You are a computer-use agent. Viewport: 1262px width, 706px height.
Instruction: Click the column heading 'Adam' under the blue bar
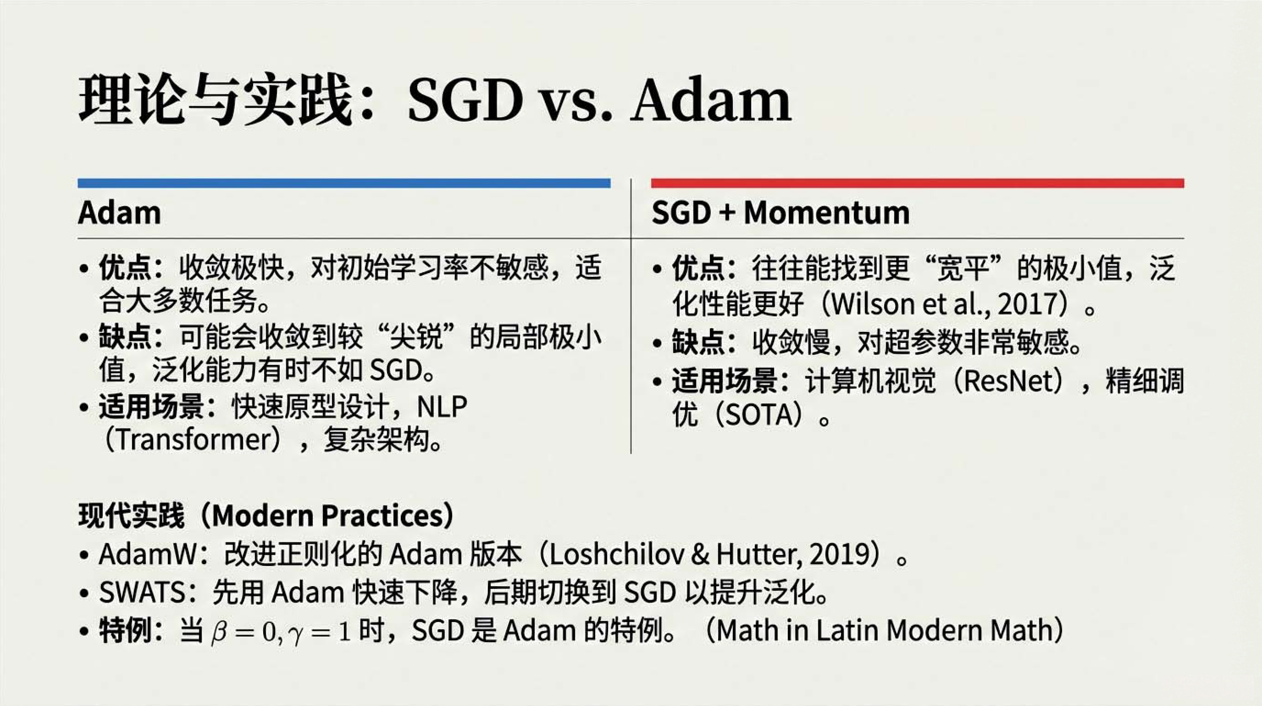tap(119, 213)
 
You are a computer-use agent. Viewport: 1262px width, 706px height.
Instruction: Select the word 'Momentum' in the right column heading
tap(826, 213)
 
